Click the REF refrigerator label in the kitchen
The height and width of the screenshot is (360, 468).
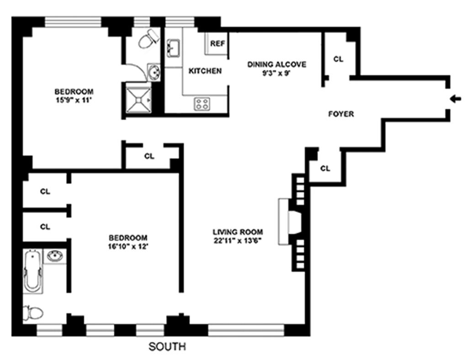(218, 43)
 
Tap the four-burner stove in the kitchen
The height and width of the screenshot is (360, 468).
(202, 104)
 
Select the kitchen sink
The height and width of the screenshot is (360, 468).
(173, 48)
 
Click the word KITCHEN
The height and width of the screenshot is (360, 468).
(205, 71)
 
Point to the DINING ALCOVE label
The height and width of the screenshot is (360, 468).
(277, 64)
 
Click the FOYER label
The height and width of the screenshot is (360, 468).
(341, 114)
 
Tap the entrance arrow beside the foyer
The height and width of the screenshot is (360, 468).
(456, 99)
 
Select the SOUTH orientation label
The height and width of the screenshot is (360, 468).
(167, 347)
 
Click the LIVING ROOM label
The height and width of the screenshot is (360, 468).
(238, 232)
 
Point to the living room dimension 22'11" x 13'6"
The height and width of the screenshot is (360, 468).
(238, 241)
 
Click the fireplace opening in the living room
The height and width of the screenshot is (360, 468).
(295, 222)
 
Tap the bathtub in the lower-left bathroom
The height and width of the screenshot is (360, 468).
(32, 271)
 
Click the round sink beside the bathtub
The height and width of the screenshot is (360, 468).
(55, 256)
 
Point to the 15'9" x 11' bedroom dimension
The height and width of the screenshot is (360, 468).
(74, 100)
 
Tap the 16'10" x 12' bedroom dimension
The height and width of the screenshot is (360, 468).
(128, 247)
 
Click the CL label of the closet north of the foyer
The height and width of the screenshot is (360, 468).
(338, 59)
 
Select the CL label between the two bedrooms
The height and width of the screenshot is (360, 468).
(149, 156)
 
